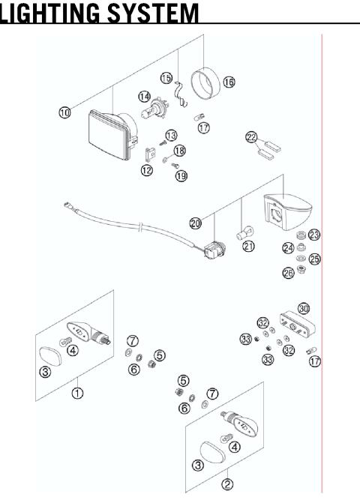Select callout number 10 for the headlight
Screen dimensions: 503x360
click(x=65, y=112)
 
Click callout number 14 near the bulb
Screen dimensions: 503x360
click(x=143, y=96)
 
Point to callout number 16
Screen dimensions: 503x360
click(x=229, y=82)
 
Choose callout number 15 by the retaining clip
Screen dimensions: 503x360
click(x=166, y=78)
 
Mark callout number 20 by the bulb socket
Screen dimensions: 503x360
click(x=196, y=223)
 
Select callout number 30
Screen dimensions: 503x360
click(x=303, y=308)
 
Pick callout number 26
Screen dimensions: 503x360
click(x=288, y=274)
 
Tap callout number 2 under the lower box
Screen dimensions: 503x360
click(x=227, y=484)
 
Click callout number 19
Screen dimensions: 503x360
click(x=181, y=175)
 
